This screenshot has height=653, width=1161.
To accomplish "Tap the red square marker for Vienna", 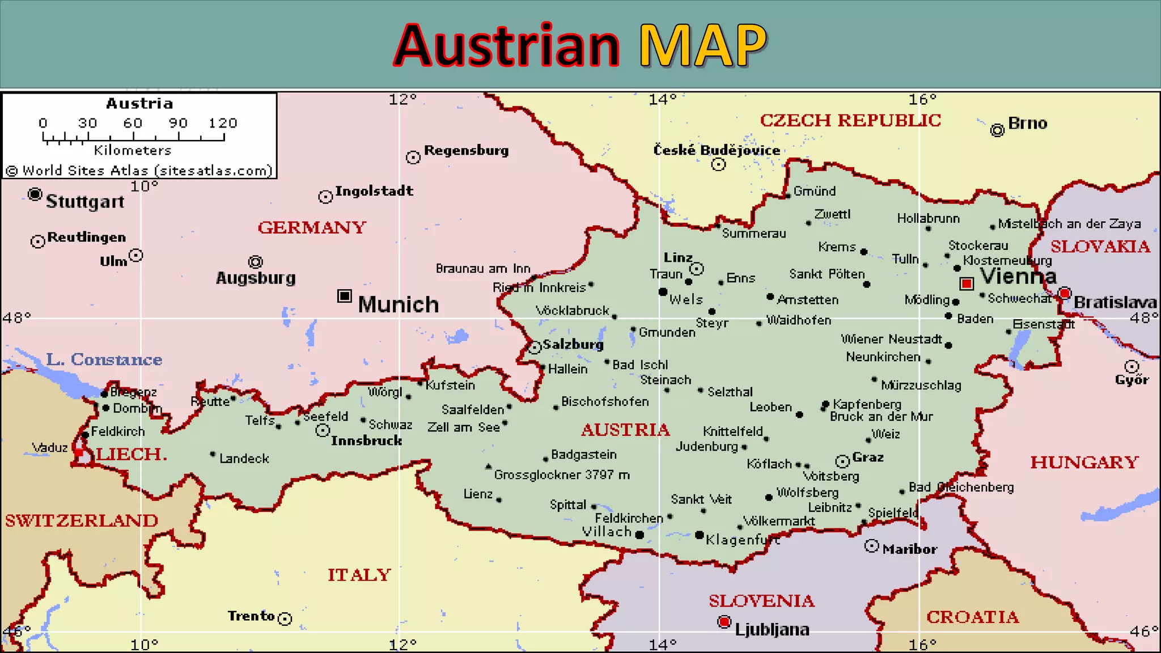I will pos(967,283).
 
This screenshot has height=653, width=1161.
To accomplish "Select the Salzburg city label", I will pos(573,345).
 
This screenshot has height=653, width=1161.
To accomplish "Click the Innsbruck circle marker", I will pos(323,431).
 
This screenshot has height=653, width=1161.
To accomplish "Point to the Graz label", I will pos(867,457).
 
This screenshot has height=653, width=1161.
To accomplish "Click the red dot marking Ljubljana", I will pos(724,622).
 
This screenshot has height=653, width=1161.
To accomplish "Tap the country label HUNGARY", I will pos(1084,463).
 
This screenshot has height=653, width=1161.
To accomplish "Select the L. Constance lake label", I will pos(104,359).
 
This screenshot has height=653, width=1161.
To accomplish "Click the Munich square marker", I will pos(344,296).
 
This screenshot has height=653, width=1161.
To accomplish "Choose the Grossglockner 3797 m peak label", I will pos(561,475).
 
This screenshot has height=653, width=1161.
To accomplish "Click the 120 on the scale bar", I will pos(222,123).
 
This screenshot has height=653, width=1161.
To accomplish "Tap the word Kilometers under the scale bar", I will pos(133,150).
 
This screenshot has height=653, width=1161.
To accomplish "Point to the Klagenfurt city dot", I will pos(700,535).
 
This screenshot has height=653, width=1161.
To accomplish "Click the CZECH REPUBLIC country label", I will pos(850,121).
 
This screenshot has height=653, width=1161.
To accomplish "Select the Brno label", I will pos(1027,124).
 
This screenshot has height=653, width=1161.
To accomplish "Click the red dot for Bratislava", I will pos(1065,293).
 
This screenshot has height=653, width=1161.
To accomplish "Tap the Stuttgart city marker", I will pos(35,194).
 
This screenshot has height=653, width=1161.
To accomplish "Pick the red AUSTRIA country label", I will pos(625,430).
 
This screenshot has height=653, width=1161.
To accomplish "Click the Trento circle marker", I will pos(285,618).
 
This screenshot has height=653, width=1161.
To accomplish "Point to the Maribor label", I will pos(909,549).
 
